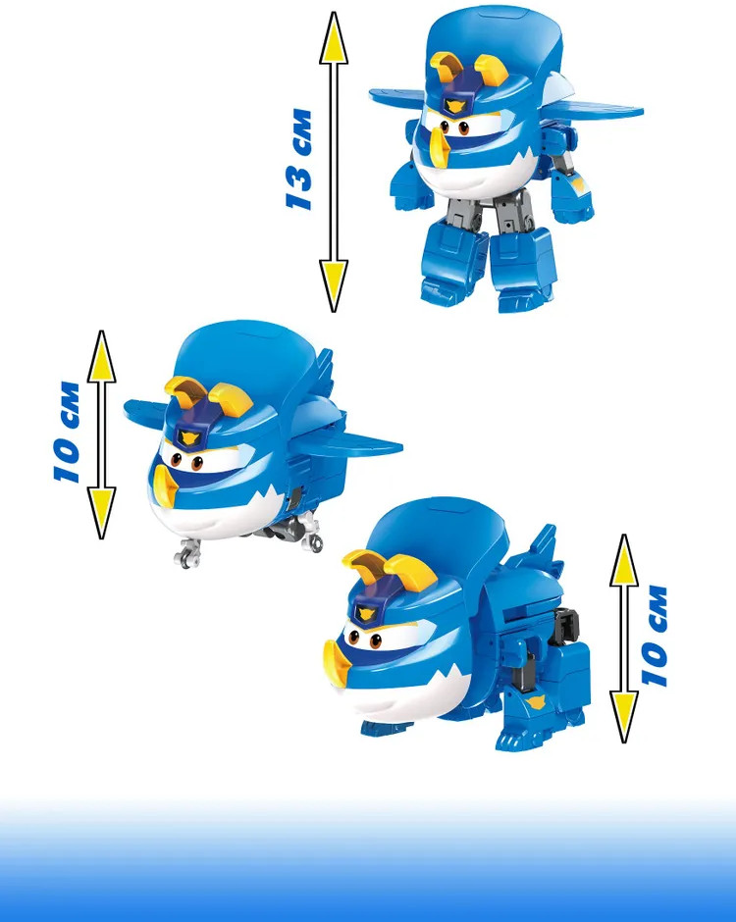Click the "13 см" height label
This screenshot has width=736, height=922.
tap(299, 159)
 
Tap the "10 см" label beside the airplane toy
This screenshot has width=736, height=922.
tap(67, 433)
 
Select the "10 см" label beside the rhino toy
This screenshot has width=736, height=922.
tap(655, 636)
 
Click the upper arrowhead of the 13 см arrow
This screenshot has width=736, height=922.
tap(334, 38)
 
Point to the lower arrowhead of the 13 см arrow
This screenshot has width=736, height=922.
tap(334, 285)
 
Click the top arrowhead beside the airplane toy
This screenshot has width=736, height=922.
tap(102, 357)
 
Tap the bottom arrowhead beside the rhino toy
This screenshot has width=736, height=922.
tap(624, 717)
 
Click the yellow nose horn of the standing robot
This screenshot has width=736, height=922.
tap(439, 144)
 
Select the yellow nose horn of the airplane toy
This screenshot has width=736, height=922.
tap(165, 487)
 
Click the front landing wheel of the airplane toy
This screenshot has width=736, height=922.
tap(187, 554)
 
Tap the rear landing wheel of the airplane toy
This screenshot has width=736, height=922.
tap(312, 539)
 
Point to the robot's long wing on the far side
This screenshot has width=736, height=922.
tap(595, 109)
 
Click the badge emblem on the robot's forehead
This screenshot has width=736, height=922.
tap(454, 106)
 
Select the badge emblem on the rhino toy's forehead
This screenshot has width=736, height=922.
tap(366, 614)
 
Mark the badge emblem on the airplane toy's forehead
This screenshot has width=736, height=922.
tap(188, 437)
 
